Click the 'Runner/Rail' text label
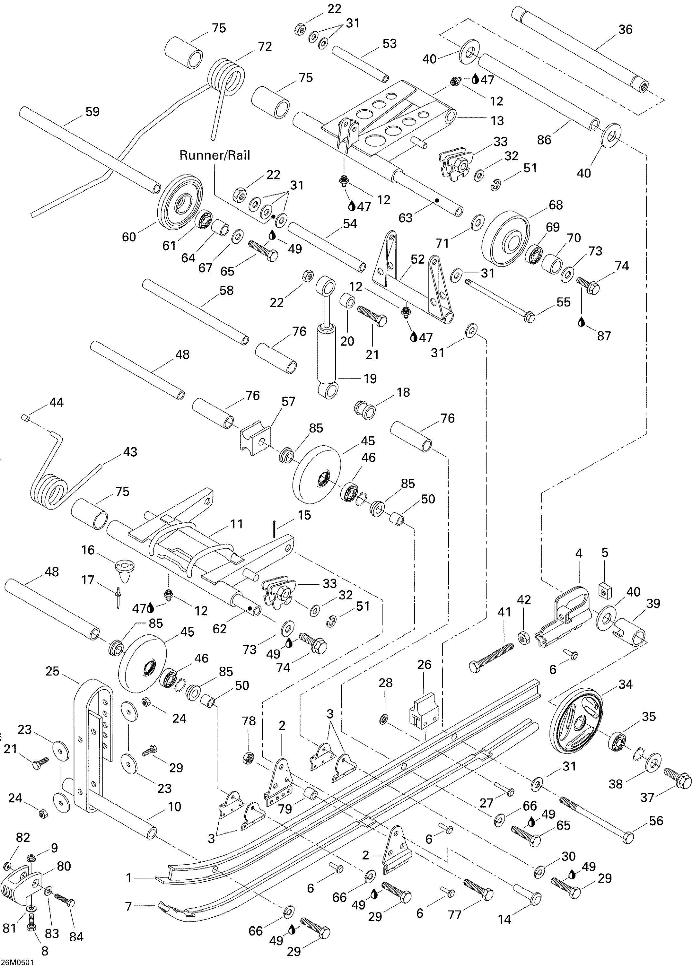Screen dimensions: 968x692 214,155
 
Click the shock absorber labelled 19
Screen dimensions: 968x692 327,341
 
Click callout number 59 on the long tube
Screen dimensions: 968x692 93,112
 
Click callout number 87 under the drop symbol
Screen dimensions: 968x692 603,336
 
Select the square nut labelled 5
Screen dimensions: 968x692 605,590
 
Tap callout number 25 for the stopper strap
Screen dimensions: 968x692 53,671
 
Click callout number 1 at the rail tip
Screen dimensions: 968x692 129,878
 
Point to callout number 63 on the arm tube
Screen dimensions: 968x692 405,218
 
